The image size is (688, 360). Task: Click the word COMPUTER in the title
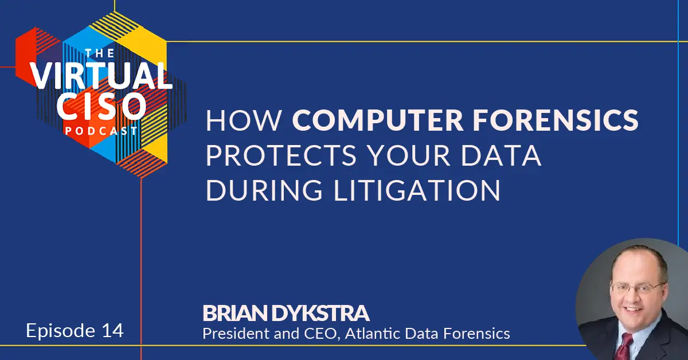click(377, 120)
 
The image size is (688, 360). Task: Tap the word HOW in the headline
click(244, 120)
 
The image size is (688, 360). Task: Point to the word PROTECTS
click(281, 155)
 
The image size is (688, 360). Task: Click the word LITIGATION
click(417, 190)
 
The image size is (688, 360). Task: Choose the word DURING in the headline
click(264, 190)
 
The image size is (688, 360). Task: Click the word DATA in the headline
click(501, 155)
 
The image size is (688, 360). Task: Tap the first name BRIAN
click(235, 313)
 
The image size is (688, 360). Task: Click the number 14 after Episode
click(112, 331)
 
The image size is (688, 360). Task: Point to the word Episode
click(61, 331)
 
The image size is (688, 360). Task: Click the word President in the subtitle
click(236, 334)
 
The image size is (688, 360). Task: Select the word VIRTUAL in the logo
click(101, 76)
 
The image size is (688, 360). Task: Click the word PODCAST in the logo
click(101, 131)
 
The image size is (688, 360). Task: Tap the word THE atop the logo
click(100, 53)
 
